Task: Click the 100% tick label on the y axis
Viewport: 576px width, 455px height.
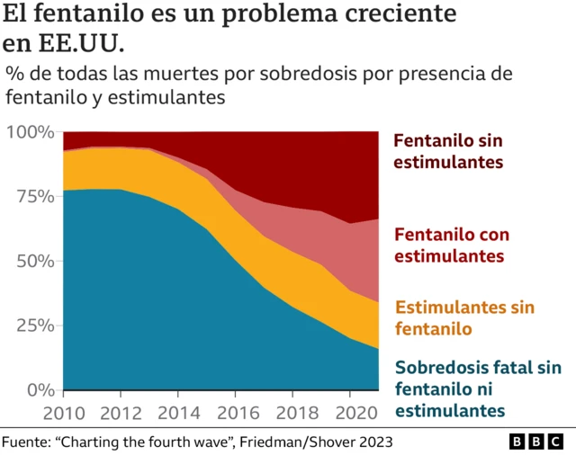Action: [x=29, y=132]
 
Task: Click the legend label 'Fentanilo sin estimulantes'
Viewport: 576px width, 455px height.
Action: [x=448, y=152]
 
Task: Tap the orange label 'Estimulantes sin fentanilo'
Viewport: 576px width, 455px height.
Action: [x=464, y=318]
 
